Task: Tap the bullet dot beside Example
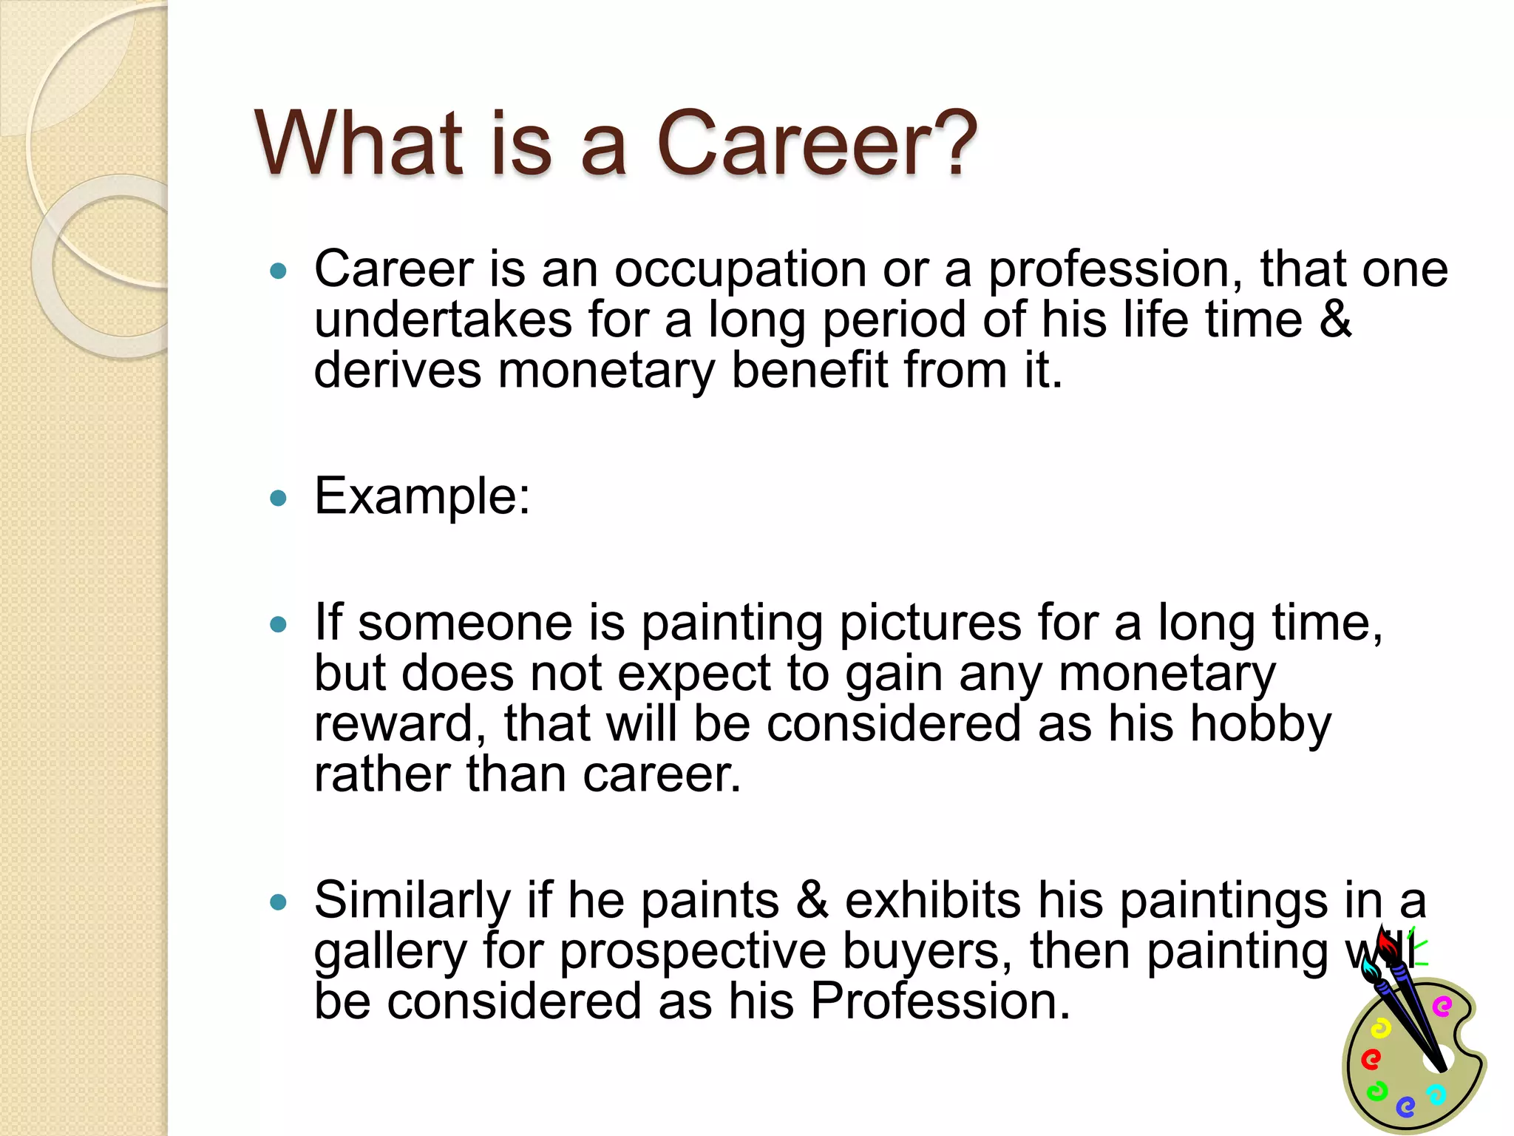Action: click(278, 498)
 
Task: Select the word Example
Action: click(421, 496)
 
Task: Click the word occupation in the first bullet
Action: click(740, 269)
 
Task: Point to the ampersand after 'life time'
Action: click(1335, 319)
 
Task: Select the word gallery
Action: click(390, 952)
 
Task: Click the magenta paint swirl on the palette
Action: click(1442, 1007)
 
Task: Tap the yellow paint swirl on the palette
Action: click(1380, 1029)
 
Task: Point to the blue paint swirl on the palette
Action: click(1405, 1106)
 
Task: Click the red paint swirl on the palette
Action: click(1371, 1060)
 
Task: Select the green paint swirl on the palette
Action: click(1376, 1091)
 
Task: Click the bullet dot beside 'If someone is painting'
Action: click(278, 625)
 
